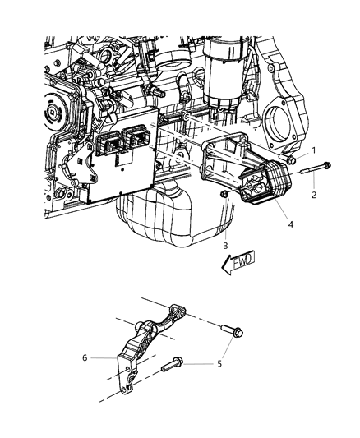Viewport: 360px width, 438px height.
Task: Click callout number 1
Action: coord(314,151)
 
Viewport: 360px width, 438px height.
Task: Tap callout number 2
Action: coord(314,195)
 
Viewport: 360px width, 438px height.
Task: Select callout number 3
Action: coord(225,246)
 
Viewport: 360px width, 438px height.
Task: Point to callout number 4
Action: coord(291,224)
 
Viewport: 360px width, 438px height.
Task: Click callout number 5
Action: coord(219,364)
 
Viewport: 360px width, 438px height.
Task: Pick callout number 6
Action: coord(85,357)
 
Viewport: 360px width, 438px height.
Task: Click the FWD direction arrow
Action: coord(238,262)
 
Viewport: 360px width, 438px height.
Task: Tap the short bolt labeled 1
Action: coord(287,159)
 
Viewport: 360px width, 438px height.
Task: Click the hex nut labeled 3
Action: coord(224,194)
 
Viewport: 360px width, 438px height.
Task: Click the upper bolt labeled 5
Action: coord(232,330)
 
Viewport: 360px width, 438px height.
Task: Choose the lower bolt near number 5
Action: coord(172,364)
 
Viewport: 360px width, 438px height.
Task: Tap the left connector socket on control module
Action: coord(110,142)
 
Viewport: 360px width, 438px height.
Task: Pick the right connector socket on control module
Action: coord(138,136)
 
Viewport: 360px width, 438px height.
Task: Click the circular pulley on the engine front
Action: coord(55,111)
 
